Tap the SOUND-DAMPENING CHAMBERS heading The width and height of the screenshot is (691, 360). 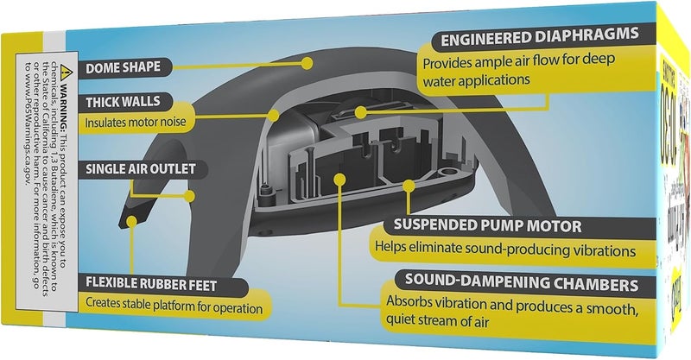(x=522, y=283)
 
